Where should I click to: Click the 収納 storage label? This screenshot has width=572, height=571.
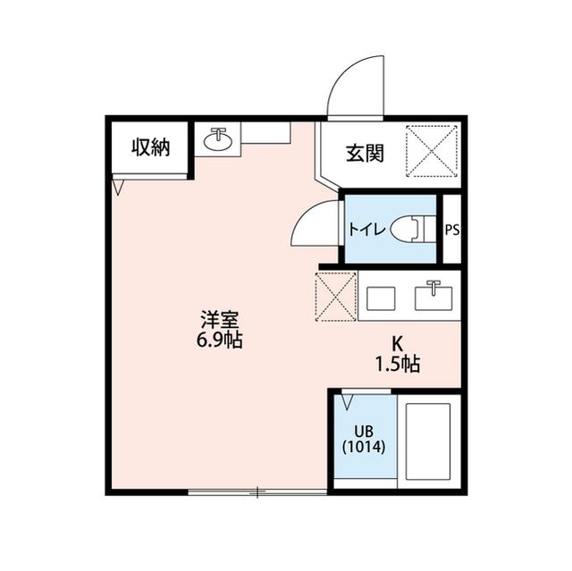(x=150, y=148)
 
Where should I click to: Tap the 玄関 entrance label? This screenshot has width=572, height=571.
(x=366, y=153)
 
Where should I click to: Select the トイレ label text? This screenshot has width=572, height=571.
(x=367, y=229)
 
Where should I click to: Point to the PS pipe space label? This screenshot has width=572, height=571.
(x=452, y=229)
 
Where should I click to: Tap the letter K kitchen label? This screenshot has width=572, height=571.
(x=398, y=343)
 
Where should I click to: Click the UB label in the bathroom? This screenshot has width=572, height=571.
(x=363, y=431)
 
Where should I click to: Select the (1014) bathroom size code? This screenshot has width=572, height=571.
(x=363, y=447)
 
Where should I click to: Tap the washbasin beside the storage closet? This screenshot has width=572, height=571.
(x=217, y=140)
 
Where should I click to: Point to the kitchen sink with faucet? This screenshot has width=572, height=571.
(x=435, y=295)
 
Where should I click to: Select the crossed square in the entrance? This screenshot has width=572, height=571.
(x=433, y=151)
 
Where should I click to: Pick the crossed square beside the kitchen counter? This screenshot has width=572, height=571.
(x=336, y=295)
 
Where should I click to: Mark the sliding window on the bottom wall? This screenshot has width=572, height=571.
(x=257, y=491)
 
